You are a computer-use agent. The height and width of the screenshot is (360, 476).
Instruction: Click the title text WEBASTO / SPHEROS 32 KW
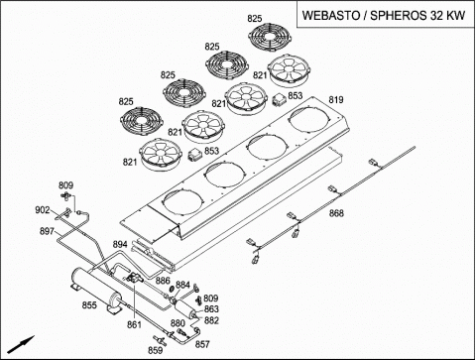(384, 15)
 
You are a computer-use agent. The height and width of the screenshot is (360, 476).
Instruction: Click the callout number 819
(336, 99)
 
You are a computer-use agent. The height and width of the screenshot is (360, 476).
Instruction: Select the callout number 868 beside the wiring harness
(336, 213)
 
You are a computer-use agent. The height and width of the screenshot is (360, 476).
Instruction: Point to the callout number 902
(43, 210)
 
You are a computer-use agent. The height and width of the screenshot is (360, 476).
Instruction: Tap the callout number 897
(47, 231)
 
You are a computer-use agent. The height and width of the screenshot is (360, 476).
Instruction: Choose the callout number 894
(120, 244)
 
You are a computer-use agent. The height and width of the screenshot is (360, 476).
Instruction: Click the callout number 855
(89, 304)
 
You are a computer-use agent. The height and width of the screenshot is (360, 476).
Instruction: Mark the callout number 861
(134, 325)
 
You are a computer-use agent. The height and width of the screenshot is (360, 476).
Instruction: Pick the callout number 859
(155, 350)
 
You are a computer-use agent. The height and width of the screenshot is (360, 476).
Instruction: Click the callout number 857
(202, 344)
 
